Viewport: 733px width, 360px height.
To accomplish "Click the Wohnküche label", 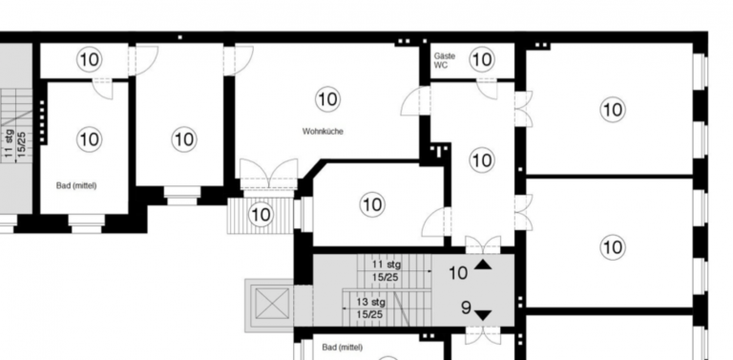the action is (x=323, y=132).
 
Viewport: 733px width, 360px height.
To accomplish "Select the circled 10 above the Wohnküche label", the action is (x=327, y=99).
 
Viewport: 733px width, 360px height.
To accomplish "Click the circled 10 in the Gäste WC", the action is (x=481, y=59).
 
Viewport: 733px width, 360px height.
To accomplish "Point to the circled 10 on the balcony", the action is (x=261, y=215).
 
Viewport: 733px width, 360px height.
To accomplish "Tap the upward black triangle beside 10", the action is (x=483, y=265).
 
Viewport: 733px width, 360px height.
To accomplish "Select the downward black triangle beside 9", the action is (x=483, y=315).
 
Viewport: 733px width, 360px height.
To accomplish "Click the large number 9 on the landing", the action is (x=466, y=307).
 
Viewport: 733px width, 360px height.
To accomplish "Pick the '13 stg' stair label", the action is (x=368, y=302).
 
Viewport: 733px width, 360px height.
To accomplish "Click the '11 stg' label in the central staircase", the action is (x=387, y=265).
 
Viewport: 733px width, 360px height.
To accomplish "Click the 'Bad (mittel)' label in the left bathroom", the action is (x=76, y=185).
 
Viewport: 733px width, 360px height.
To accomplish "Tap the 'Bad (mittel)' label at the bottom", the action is (x=343, y=348).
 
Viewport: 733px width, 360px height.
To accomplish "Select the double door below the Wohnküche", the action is (x=269, y=175).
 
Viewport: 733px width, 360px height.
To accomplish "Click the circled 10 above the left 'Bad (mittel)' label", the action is (x=90, y=139).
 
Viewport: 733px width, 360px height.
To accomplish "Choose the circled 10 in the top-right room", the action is (x=613, y=110).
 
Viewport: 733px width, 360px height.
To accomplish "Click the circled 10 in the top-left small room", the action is (x=90, y=59).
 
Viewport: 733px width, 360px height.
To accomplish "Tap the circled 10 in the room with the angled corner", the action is (x=372, y=204).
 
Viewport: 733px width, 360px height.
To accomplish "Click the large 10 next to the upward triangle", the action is (x=458, y=273).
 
